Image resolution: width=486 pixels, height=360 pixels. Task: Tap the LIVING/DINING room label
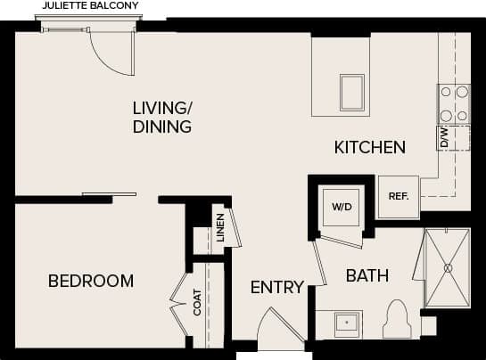pos(162,118)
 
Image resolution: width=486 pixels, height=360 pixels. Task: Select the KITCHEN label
pos(369,147)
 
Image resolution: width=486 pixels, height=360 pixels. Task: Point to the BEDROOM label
pos(91,281)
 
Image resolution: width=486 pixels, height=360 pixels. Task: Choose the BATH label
pos(367,276)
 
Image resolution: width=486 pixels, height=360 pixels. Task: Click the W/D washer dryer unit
pos(342,207)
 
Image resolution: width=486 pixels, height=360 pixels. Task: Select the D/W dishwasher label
pos(443,137)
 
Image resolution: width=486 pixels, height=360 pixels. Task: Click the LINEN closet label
pos(219,227)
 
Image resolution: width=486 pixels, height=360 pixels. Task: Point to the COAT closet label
pos(198,303)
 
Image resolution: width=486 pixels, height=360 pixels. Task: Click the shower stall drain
pos(450,266)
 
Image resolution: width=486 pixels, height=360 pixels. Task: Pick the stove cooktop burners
pos(454,103)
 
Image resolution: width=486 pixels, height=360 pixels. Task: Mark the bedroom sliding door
pos(109,193)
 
